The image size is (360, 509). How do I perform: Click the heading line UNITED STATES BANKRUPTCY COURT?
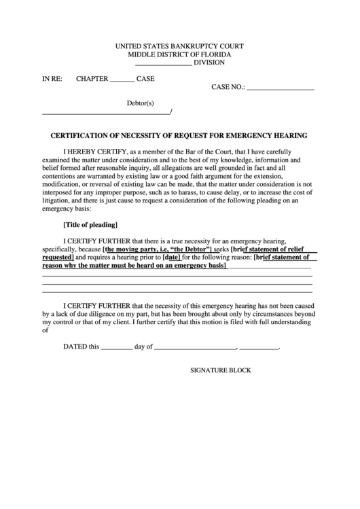click(180, 46)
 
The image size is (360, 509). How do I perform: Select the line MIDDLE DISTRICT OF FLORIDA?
click(180, 54)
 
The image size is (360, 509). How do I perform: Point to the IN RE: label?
click(52, 79)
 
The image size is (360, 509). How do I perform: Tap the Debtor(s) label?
click(141, 103)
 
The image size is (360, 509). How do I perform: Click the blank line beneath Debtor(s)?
click(107, 112)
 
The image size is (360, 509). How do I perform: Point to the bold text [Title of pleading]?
click(90, 224)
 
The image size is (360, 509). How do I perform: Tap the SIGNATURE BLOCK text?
click(220, 370)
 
